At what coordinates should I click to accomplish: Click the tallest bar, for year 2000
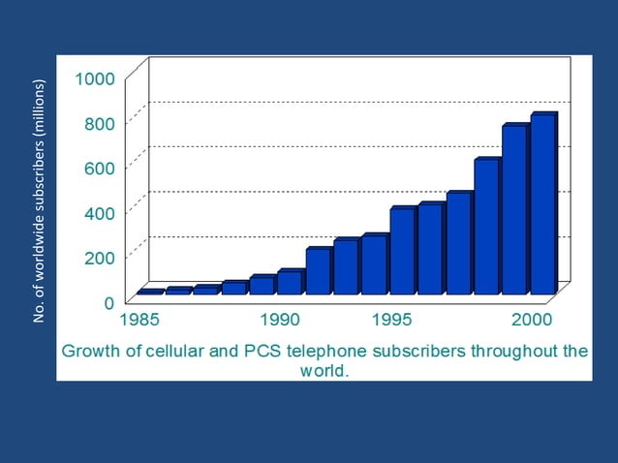tap(542, 203)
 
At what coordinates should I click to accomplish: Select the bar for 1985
tap(149, 292)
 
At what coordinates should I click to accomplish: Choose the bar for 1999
tap(514, 209)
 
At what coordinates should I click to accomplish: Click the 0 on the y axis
tap(109, 302)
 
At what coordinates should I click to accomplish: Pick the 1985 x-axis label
tap(141, 319)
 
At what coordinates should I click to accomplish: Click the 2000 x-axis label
tap(532, 319)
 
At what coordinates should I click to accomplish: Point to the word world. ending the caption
tap(324, 370)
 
